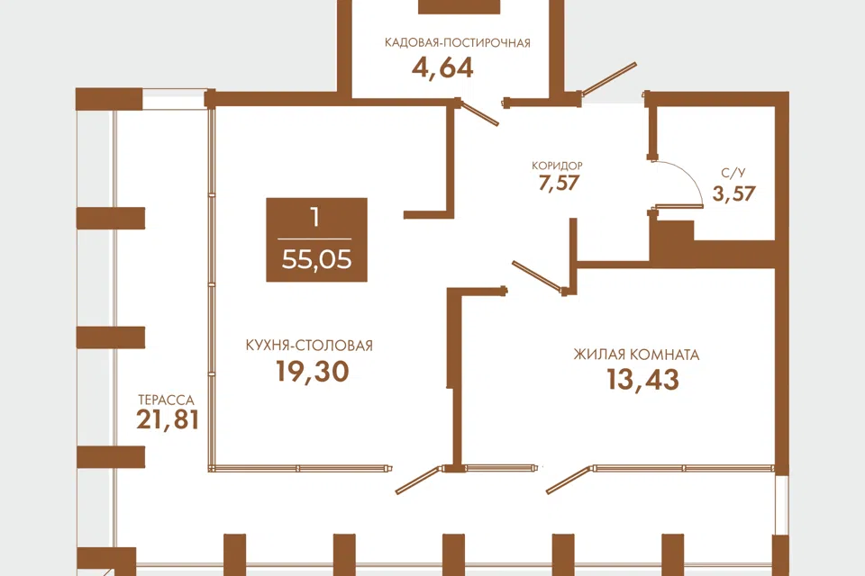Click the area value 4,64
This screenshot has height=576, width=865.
[x=442, y=67]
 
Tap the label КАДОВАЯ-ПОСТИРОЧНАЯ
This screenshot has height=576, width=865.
[x=458, y=43]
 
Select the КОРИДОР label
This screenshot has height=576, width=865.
[x=557, y=166]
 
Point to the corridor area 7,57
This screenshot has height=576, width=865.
[x=559, y=183]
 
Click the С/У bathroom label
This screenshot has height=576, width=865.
[x=733, y=173]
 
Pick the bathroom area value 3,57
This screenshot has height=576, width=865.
[x=733, y=193]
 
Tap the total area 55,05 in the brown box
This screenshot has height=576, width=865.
[x=316, y=259]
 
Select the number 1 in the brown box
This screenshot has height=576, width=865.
[x=315, y=218]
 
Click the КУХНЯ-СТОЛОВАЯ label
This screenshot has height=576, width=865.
[x=309, y=346]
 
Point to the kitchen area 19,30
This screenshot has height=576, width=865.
[x=313, y=371]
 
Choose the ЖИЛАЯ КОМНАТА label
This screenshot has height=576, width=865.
[x=637, y=355]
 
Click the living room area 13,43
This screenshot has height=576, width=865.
[x=642, y=379]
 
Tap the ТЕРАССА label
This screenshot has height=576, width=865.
[x=166, y=400]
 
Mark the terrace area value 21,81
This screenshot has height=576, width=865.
[x=168, y=419]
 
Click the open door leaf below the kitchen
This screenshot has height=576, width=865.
[x=417, y=480]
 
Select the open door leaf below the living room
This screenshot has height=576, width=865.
[x=569, y=480]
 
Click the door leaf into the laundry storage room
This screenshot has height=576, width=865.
[x=478, y=113]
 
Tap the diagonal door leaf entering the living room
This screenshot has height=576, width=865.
[x=537, y=276]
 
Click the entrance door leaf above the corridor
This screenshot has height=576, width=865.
[x=608, y=79]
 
